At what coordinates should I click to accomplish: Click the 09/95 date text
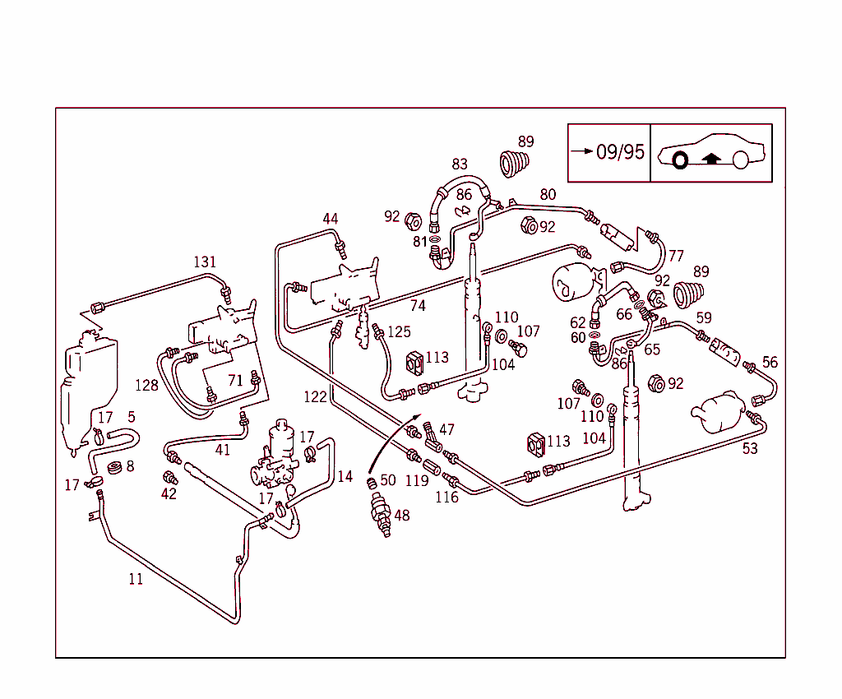tap(621, 152)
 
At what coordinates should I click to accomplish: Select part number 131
tap(205, 262)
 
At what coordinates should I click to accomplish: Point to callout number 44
tap(330, 219)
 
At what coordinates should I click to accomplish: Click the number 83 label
tap(460, 164)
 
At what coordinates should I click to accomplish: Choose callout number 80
tap(548, 195)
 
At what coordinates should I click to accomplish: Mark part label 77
tap(676, 256)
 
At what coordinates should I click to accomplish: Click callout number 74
tap(418, 306)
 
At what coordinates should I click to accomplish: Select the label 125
tap(399, 332)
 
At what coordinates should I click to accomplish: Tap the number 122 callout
tap(315, 397)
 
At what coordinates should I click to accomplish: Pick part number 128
tap(147, 385)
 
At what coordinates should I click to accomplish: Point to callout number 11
tap(136, 579)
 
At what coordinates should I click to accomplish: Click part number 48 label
tap(401, 516)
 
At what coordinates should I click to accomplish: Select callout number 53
tap(750, 448)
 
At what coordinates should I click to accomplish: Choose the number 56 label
tap(770, 362)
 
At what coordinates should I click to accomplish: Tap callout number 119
tap(417, 481)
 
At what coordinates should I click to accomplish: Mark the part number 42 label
tap(169, 493)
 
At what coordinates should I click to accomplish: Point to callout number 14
tap(345, 476)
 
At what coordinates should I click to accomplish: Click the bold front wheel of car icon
tap(680, 160)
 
